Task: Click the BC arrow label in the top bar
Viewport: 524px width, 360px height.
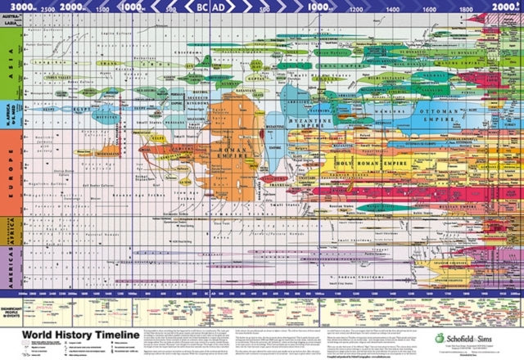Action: [x=200, y=8]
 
